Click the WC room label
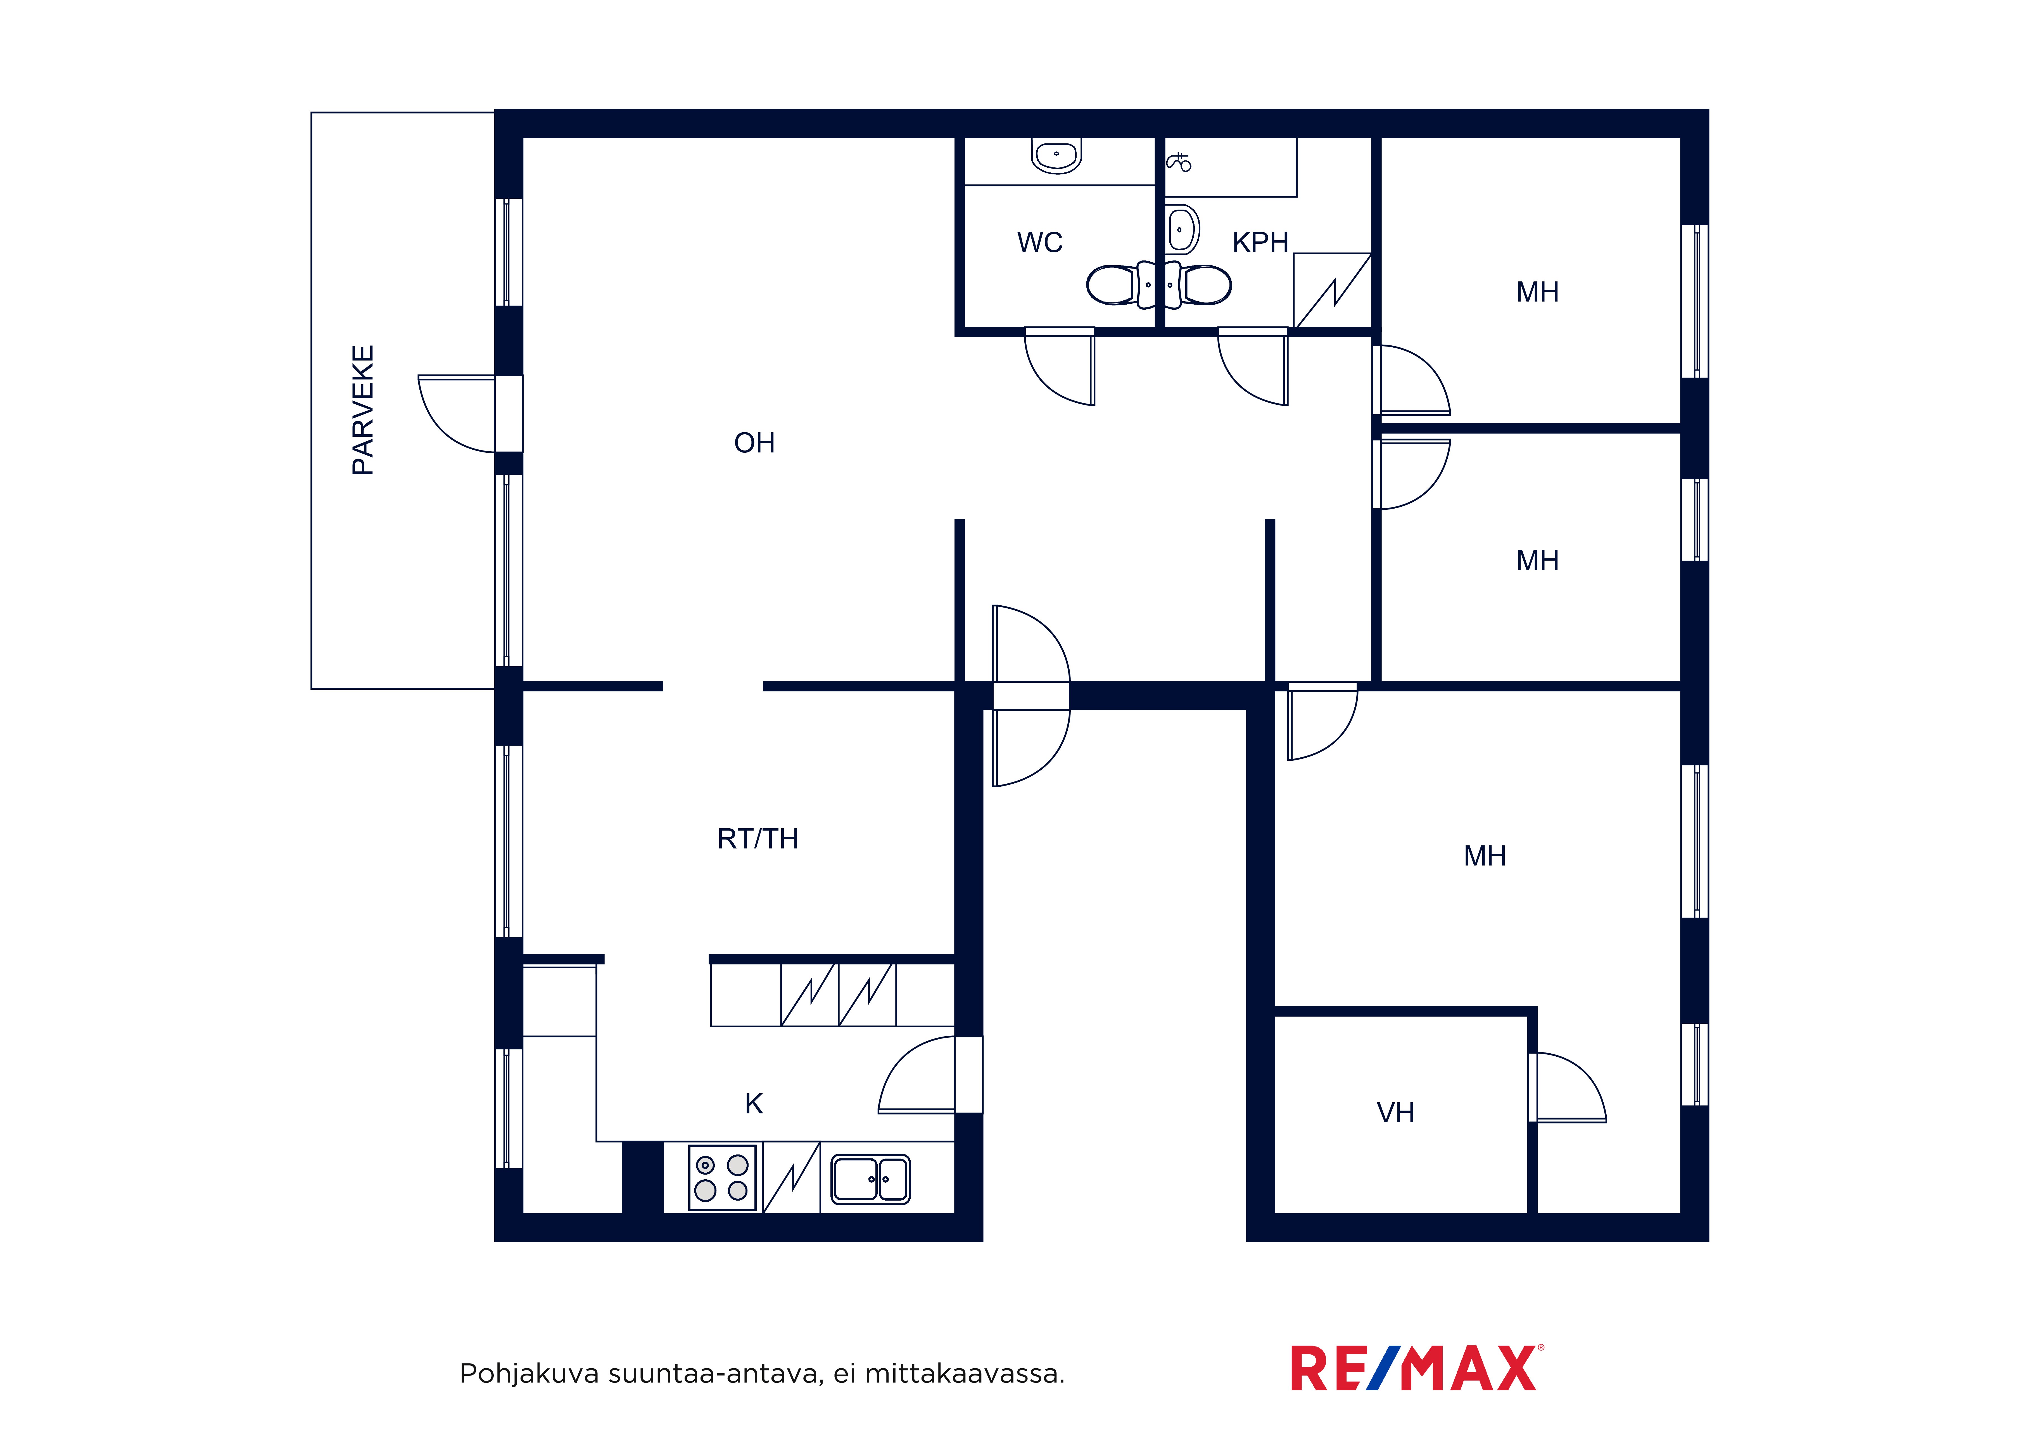tap(1040, 242)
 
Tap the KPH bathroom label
tap(1260, 242)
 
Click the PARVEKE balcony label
tap(363, 410)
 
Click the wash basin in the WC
tap(1056, 156)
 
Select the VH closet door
tap(1569, 1087)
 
